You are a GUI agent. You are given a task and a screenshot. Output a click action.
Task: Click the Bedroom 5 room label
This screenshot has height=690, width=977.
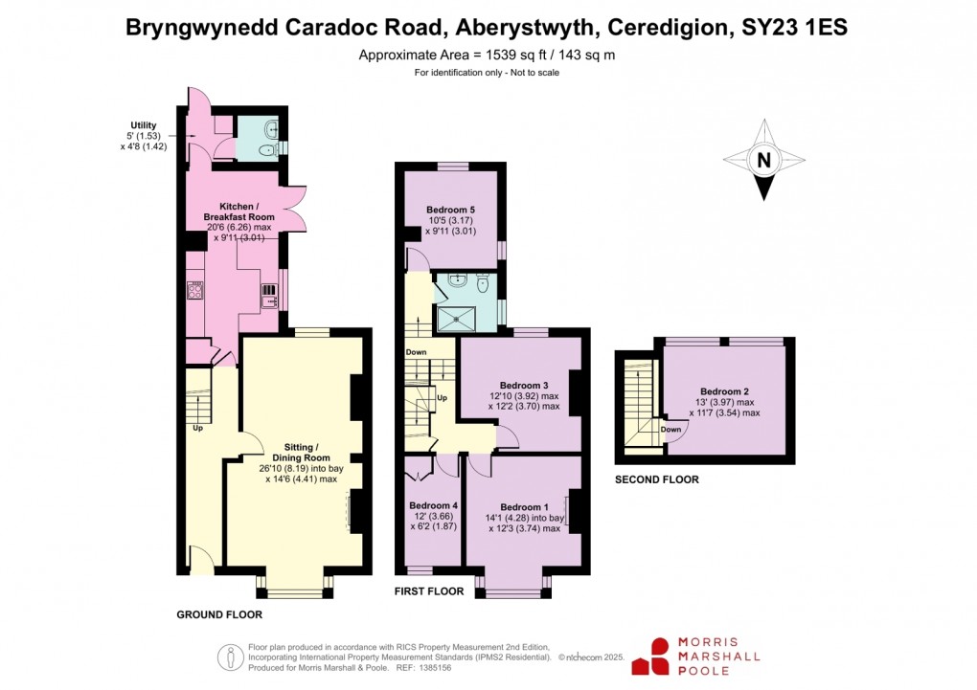pyautogui.click(x=450, y=209)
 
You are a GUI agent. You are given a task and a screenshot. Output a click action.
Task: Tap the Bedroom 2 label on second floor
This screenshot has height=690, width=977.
pyautogui.click(x=724, y=391)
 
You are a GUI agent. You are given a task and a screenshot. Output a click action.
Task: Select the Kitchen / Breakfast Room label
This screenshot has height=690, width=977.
pyautogui.click(x=246, y=212)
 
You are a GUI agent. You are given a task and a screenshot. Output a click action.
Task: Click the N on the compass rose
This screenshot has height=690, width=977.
pyautogui.click(x=763, y=161)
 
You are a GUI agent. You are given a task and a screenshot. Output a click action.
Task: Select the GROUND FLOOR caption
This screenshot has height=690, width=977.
pyautogui.click(x=219, y=614)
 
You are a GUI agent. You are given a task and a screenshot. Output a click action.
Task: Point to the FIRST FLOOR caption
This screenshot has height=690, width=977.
pyautogui.click(x=429, y=591)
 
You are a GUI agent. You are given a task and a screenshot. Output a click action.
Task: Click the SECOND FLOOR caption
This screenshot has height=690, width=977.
pyautogui.click(x=656, y=479)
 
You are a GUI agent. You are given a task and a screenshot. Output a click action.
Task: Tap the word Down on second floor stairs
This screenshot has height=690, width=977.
pyautogui.click(x=670, y=430)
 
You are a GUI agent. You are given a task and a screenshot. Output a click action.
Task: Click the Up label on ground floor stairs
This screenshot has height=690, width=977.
pyautogui.click(x=198, y=428)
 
